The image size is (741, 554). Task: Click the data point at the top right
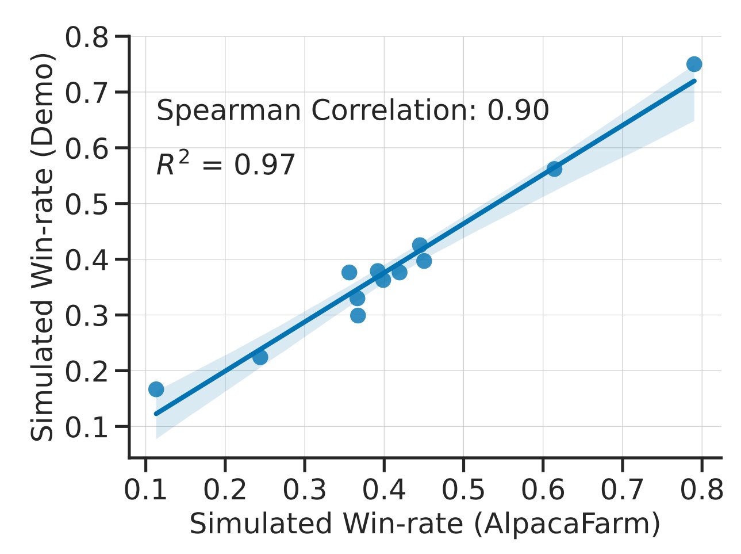coord(694,64)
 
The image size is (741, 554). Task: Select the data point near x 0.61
coord(554,169)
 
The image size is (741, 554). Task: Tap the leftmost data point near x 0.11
coord(156,389)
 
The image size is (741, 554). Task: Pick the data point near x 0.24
coord(260,357)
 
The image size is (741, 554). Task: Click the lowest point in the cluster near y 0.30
coord(358,315)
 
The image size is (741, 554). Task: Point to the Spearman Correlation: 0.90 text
coord(352,111)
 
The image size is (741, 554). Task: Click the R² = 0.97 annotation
coord(225,166)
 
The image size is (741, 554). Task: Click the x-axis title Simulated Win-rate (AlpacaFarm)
coord(424,524)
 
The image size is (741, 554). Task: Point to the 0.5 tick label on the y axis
coord(86,205)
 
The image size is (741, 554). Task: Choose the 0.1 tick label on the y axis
coord(86,427)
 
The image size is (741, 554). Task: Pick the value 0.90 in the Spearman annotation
coord(518,111)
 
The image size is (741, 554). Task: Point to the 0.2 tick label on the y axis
coord(86,372)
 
